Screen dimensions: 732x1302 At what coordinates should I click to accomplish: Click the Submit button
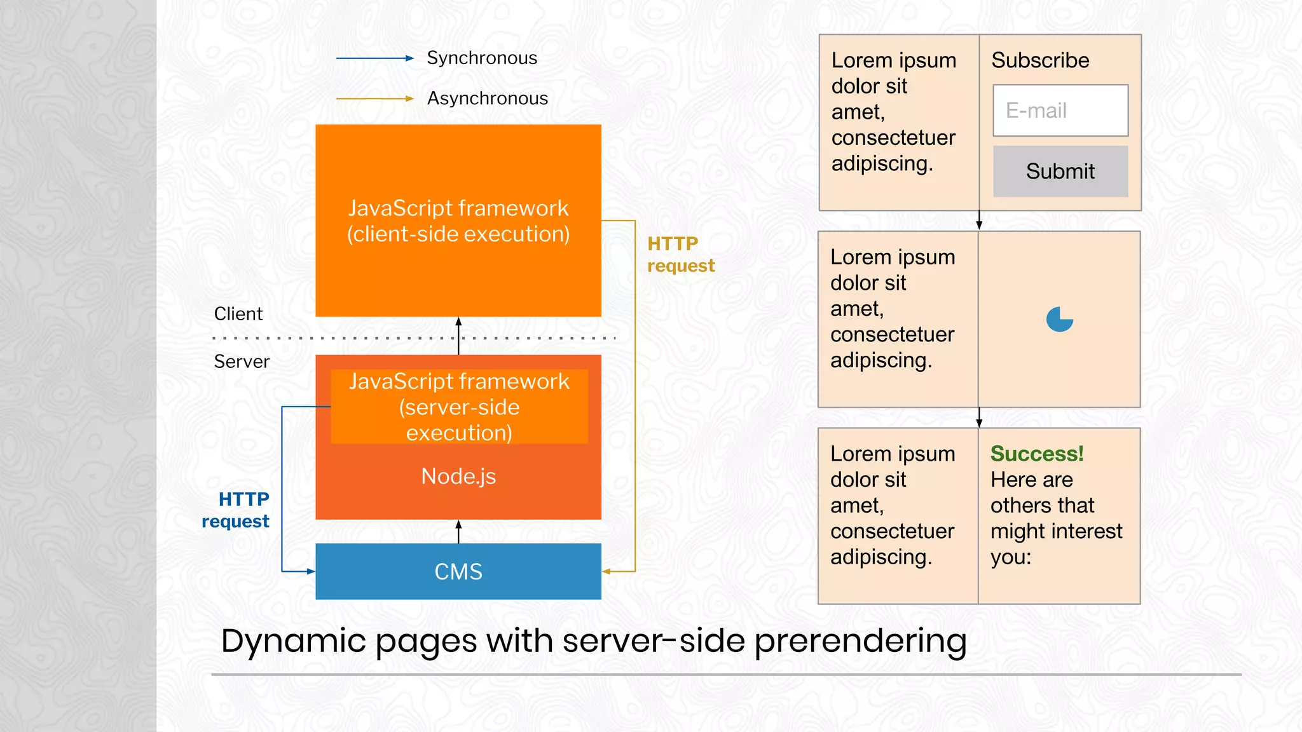(x=1060, y=171)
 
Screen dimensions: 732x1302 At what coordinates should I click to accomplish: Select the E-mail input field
(x=1060, y=111)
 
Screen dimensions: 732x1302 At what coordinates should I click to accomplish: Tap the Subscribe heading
(x=1040, y=60)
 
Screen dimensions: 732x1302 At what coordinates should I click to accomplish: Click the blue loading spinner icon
(x=1060, y=319)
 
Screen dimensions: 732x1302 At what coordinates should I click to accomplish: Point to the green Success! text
(x=1037, y=454)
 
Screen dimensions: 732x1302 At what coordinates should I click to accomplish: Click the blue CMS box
(x=458, y=571)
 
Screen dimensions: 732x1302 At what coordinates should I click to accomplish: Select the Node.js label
(x=458, y=477)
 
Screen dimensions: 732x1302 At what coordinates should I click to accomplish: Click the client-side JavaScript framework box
(x=458, y=220)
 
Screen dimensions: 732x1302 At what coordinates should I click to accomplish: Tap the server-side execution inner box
(x=458, y=407)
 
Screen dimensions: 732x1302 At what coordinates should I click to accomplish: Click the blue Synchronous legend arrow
(x=374, y=58)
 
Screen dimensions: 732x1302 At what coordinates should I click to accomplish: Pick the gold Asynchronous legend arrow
(x=374, y=99)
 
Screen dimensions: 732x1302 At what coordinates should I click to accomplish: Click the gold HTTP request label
(x=680, y=254)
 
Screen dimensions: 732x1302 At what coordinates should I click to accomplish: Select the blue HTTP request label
(x=236, y=510)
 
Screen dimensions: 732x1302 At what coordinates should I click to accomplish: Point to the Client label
(x=238, y=314)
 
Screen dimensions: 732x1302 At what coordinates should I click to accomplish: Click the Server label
(x=242, y=362)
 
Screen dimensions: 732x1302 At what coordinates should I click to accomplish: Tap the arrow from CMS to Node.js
(x=458, y=531)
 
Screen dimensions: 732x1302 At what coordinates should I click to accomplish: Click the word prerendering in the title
(x=860, y=640)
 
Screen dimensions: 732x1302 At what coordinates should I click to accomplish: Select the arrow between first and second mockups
(x=979, y=220)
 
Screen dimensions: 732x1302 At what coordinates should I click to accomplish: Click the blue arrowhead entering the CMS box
(x=310, y=571)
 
